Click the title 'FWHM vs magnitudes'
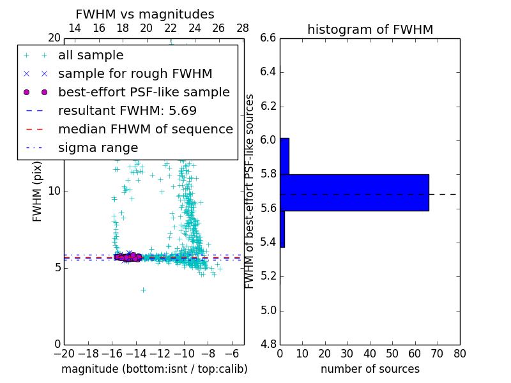click(x=145, y=14)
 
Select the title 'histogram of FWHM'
click(x=370, y=29)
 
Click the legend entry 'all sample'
click(x=91, y=56)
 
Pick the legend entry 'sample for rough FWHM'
click(x=135, y=74)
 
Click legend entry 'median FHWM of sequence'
click(x=145, y=129)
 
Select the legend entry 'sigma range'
click(x=98, y=147)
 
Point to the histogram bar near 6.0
click(x=284, y=156)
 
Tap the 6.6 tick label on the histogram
click(x=268, y=38)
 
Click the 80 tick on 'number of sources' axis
click(x=459, y=353)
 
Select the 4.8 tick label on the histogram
click(x=268, y=345)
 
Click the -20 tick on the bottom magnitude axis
click(x=64, y=353)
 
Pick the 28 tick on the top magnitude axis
click(x=243, y=28)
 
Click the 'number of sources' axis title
click(x=370, y=369)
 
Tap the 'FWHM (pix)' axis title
click(x=38, y=191)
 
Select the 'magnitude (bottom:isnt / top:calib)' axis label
click(x=154, y=369)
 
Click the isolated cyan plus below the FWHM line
click(x=143, y=290)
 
